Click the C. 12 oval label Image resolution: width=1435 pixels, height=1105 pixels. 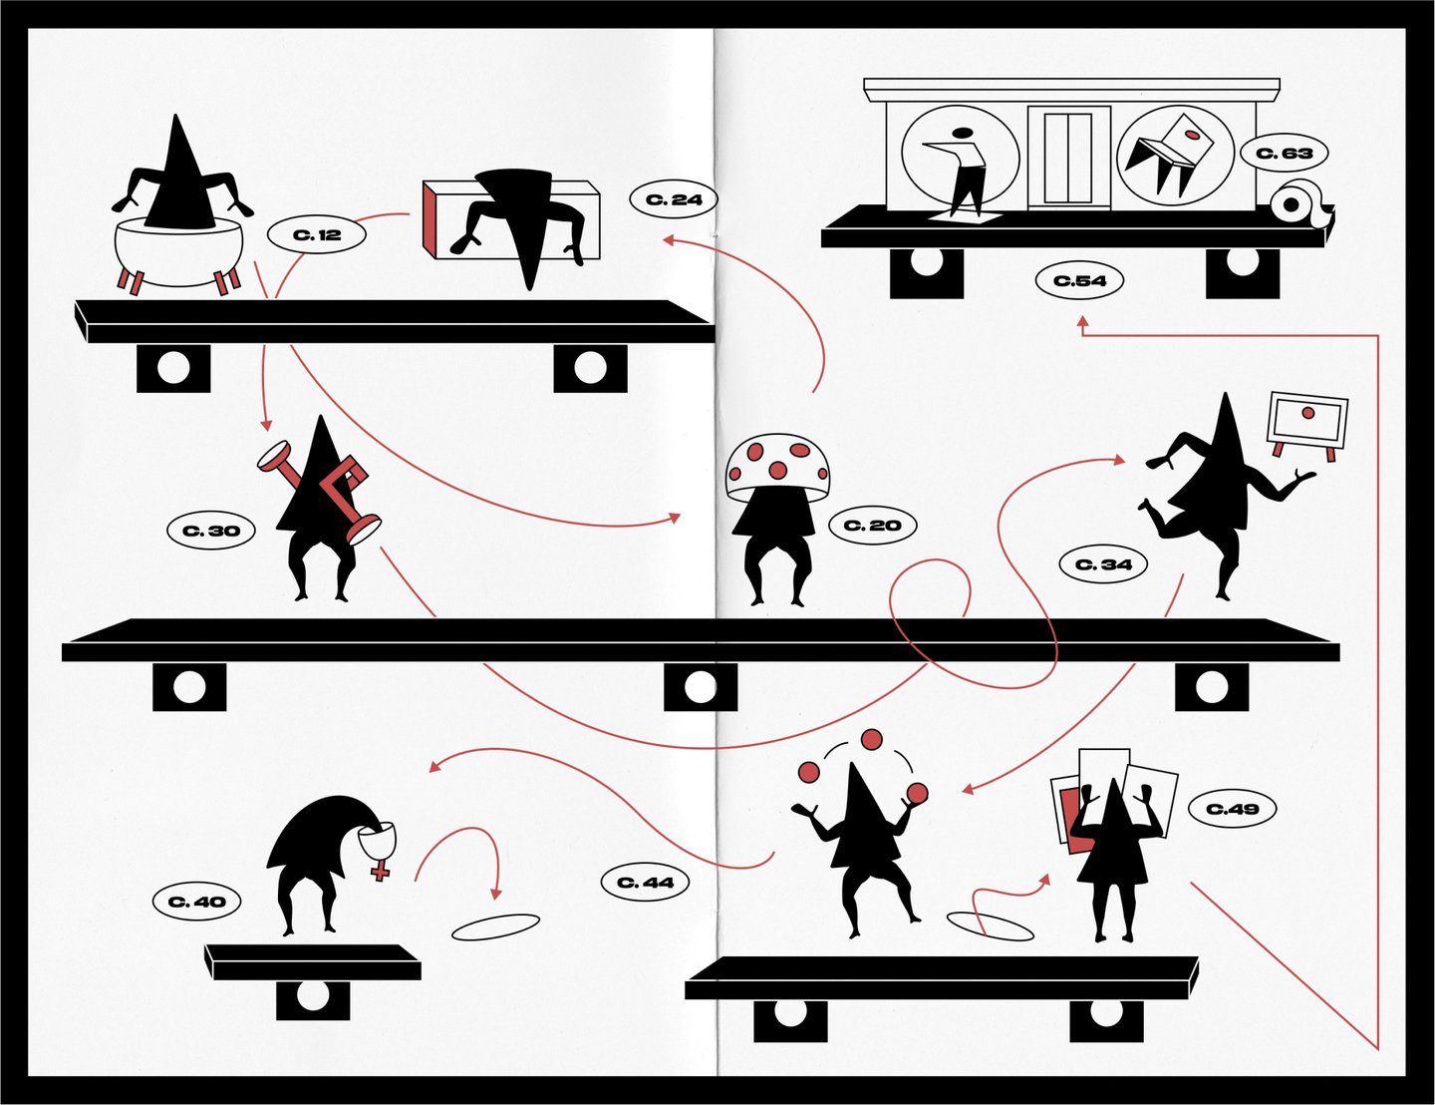[316, 234]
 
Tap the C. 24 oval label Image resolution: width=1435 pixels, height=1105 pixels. [673, 198]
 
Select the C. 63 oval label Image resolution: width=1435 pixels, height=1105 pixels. [1284, 154]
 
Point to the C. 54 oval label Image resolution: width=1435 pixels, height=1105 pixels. [1079, 280]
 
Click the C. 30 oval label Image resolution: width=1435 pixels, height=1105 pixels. [210, 530]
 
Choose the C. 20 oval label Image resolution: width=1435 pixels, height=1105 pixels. [872, 526]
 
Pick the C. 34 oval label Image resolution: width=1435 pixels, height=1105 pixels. [1103, 564]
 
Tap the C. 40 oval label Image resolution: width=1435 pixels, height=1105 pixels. [196, 902]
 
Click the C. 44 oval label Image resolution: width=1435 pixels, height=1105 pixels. [645, 882]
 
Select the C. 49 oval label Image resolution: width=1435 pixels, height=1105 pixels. [1233, 808]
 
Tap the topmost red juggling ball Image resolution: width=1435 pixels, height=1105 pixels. [872, 740]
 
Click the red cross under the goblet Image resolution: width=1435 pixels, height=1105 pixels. [380, 870]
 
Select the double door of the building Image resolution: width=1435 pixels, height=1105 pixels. [1069, 158]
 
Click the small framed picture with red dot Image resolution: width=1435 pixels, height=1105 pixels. [1306, 426]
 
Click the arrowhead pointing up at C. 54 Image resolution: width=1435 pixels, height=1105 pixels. [1081, 323]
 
